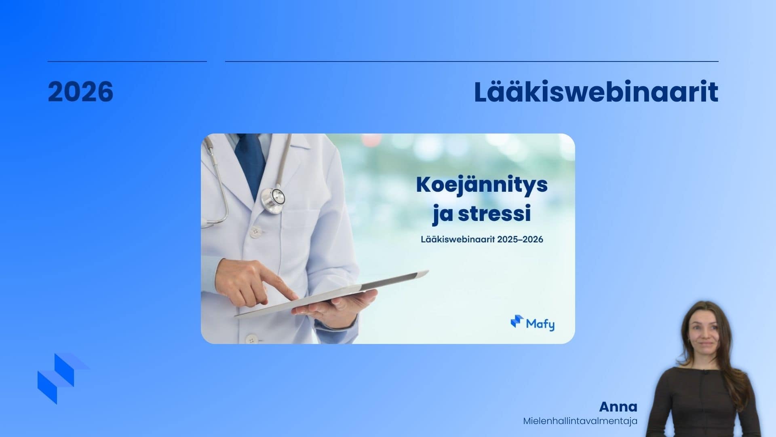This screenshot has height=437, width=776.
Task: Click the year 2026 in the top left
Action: pos(80,91)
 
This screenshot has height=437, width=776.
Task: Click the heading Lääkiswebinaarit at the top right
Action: pos(596,92)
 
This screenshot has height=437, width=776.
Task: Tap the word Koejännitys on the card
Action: pos(482,186)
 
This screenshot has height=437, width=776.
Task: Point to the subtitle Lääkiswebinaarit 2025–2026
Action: pos(482,239)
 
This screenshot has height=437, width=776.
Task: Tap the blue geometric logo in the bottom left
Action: pos(63,378)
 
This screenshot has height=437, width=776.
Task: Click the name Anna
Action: pos(618,407)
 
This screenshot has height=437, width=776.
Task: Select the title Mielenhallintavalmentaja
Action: pos(580,421)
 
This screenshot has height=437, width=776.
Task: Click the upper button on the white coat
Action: pos(255,231)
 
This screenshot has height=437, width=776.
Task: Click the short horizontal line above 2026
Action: pos(127,62)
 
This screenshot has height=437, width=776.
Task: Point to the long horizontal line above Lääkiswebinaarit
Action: pos(472,62)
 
